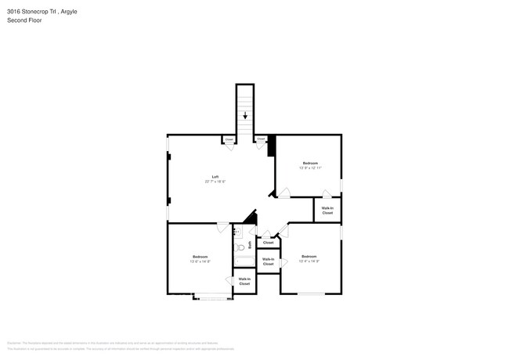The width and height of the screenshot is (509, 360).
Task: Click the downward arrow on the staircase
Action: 245,116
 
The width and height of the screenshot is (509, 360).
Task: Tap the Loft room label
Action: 215,177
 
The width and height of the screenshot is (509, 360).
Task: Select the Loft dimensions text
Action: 215,182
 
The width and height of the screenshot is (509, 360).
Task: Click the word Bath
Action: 250,245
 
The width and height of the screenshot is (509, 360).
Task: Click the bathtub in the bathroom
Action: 242,257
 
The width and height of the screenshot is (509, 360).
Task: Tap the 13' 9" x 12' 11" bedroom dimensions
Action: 311,167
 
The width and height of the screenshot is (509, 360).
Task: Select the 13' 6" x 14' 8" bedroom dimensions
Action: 200,261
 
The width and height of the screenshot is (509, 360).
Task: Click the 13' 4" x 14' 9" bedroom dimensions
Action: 309,261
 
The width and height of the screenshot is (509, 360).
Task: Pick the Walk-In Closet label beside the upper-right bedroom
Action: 327,211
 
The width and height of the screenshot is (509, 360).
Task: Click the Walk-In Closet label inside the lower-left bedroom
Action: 244,281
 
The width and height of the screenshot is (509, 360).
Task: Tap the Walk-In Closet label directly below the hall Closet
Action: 268,261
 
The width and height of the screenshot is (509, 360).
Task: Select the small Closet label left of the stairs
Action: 229,140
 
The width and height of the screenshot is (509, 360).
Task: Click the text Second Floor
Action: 24,20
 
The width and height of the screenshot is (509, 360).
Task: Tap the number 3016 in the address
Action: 13,12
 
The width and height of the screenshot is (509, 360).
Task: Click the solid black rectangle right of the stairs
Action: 271,146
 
